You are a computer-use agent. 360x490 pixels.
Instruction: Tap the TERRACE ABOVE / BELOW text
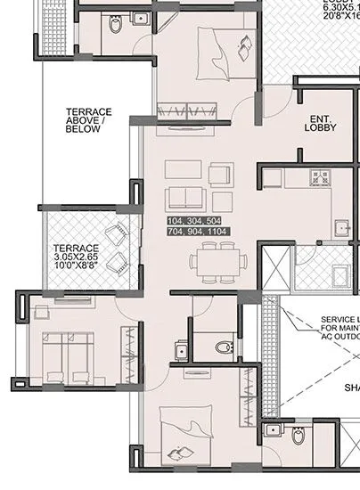point(88,120)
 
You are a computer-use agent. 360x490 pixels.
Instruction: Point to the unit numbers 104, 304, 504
point(193,219)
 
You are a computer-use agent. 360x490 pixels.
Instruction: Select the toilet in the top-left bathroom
point(115,24)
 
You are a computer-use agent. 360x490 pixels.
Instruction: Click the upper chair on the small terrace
point(117,235)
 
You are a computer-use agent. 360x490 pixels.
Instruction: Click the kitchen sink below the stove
point(340,228)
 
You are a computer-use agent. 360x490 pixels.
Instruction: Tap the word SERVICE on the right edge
point(340,319)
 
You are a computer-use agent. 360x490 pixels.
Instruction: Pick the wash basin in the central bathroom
point(182,349)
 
